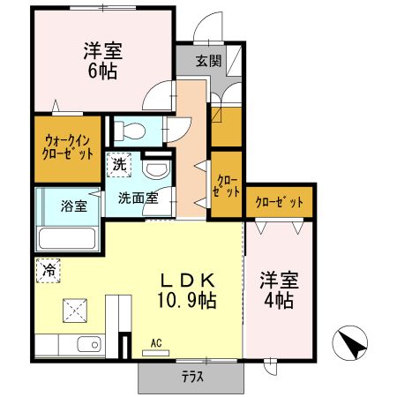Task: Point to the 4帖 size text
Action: (x=279, y=301)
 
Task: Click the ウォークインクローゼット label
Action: (x=68, y=146)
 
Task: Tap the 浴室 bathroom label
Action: (x=73, y=206)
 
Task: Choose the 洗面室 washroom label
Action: (x=139, y=198)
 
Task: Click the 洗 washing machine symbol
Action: (x=117, y=163)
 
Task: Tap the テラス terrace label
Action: (x=191, y=377)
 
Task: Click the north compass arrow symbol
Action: (x=349, y=342)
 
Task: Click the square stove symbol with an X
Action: (x=72, y=310)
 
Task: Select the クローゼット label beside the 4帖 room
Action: (x=280, y=202)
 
